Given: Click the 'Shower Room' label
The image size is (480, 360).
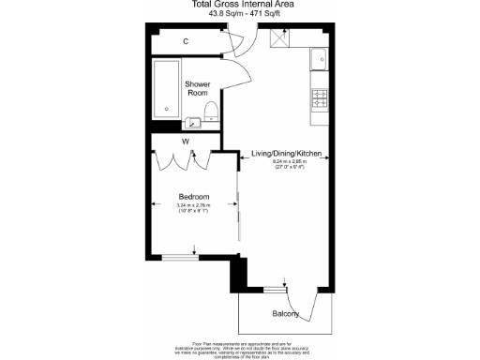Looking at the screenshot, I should pos(197,87).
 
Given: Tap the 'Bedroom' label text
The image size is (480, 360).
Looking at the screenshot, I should pos(194,197).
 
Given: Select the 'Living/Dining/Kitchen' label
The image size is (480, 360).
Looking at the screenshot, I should pos(289,153).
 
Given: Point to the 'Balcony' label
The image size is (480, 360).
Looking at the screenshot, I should pos(286,313).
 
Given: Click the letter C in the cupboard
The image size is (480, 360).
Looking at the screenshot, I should pos(186,42).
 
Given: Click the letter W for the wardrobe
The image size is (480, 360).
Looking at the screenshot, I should pos(187,142).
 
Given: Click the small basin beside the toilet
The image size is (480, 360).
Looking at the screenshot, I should pos(193,121).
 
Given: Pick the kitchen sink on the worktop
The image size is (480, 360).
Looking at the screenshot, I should pos(320,58).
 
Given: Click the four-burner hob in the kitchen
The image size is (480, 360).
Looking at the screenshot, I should pos(319,96).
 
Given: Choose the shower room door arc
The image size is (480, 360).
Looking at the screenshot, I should pos(236,74).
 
